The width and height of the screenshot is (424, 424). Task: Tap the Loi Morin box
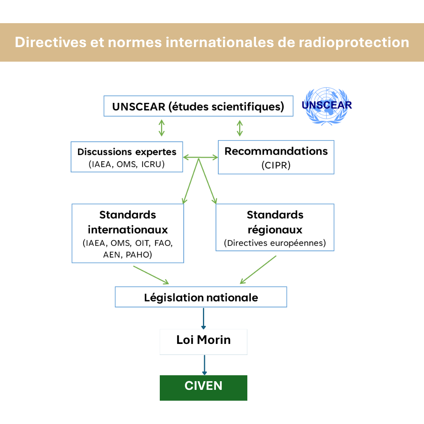(x=203, y=340)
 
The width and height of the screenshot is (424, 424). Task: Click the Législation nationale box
(x=201, y=297)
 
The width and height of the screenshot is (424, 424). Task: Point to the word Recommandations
(x=276, y=152)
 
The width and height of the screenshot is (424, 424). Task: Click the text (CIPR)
(x=276, y=165)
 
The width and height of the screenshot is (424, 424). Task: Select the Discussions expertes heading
(x=127, y=152)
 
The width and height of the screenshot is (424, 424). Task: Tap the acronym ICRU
(x=153, y=164)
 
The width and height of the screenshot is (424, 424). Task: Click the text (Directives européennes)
(x=275, y=243)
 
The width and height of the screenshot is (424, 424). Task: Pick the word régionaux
(x=275, y=229)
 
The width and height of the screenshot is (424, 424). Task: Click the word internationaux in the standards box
(x=128, y=229)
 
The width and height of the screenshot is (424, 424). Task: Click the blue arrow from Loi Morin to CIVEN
(x=204, y=365)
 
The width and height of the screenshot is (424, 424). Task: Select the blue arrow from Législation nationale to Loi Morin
(x=203, y=318)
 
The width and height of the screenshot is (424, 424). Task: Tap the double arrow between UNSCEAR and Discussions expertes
(x=161, y=128)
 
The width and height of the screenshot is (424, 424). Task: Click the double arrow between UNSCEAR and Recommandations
(x=239, y=128)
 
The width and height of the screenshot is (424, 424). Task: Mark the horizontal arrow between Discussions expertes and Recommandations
(x=201, y=157)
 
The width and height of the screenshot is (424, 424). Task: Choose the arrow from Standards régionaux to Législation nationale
(x=258, y=270)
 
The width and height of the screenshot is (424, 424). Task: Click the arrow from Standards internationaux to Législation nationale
(x=151, y=275)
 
